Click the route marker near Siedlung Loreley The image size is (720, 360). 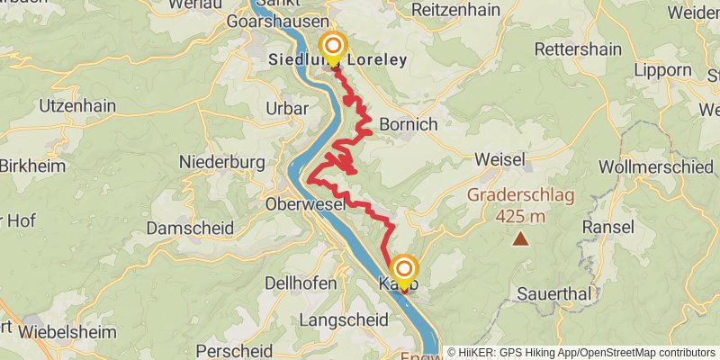click(333, 45)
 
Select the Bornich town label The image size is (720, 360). click(409, 124)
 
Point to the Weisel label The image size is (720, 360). click(499, 159)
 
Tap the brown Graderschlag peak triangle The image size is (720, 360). click(520, 238)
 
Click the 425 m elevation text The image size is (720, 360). click(520, 216)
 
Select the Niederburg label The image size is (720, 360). click(221, 162)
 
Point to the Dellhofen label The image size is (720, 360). click(301, 283)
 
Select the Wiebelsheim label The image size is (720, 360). click(67, 332)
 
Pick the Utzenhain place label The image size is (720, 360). click(77, 106)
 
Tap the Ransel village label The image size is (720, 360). click(608, 226)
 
